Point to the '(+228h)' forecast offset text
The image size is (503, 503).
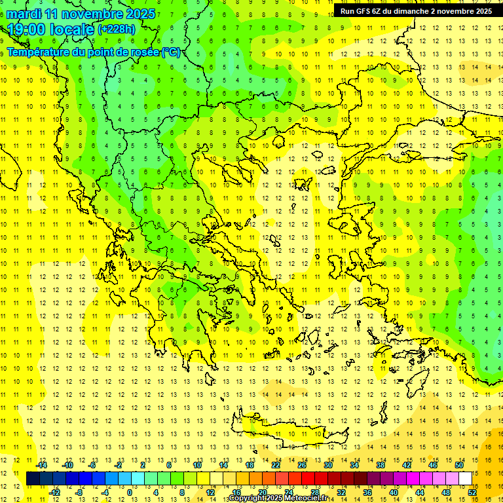(x=117, y=29)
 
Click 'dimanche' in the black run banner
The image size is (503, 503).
(x=410, y=11)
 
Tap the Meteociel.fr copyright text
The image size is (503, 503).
(x=278, y=498)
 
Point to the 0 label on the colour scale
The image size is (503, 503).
(x=130, y=492)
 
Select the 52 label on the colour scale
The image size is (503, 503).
(x=472, y=492)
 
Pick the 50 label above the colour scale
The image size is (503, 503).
(x=459, y=465)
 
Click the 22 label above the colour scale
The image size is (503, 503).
(x=276, y=465)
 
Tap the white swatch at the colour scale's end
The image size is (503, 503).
(x=466, y=478)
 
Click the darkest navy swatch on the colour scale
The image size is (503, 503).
(x=33, y=478)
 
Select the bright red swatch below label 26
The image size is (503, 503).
(x=308, y=478)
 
